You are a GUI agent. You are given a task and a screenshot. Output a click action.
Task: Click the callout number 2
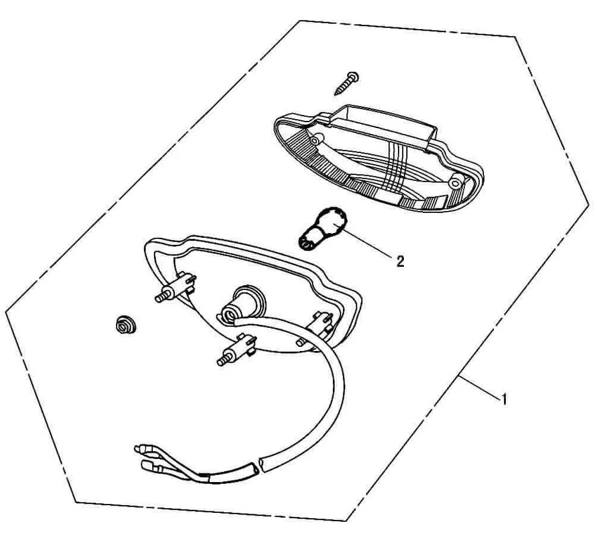click(400, 261)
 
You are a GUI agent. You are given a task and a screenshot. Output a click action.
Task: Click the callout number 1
click(504, 400)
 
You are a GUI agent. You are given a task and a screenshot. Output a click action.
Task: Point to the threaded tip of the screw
click(336, 93)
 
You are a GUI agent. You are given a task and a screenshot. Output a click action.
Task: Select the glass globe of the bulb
click(330, 221)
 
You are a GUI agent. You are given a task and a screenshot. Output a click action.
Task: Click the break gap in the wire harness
click(258, 467)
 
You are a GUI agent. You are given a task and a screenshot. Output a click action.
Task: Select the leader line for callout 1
click(479, 387)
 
